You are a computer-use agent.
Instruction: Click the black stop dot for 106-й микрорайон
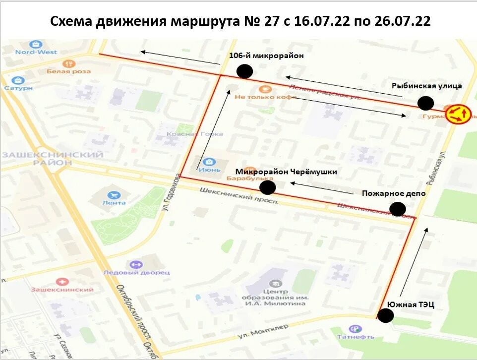(244, 71)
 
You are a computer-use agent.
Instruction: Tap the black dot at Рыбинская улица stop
(425, 103)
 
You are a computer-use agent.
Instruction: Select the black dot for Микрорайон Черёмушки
(268, 187)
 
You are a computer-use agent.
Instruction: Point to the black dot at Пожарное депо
(398, 209)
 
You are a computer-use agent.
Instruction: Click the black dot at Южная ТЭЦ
(385, 315)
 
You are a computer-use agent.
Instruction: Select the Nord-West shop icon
(36, 44)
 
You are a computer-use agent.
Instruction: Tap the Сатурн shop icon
(18, 80)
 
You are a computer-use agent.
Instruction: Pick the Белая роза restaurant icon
(69, 64)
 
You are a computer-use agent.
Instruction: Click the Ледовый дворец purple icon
(136, 265)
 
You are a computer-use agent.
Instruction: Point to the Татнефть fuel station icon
(355, 329)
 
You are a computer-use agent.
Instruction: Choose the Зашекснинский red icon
(62, 282)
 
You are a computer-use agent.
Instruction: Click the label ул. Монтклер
(263, 331)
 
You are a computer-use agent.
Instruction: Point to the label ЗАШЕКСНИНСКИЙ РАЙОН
(53, 159)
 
